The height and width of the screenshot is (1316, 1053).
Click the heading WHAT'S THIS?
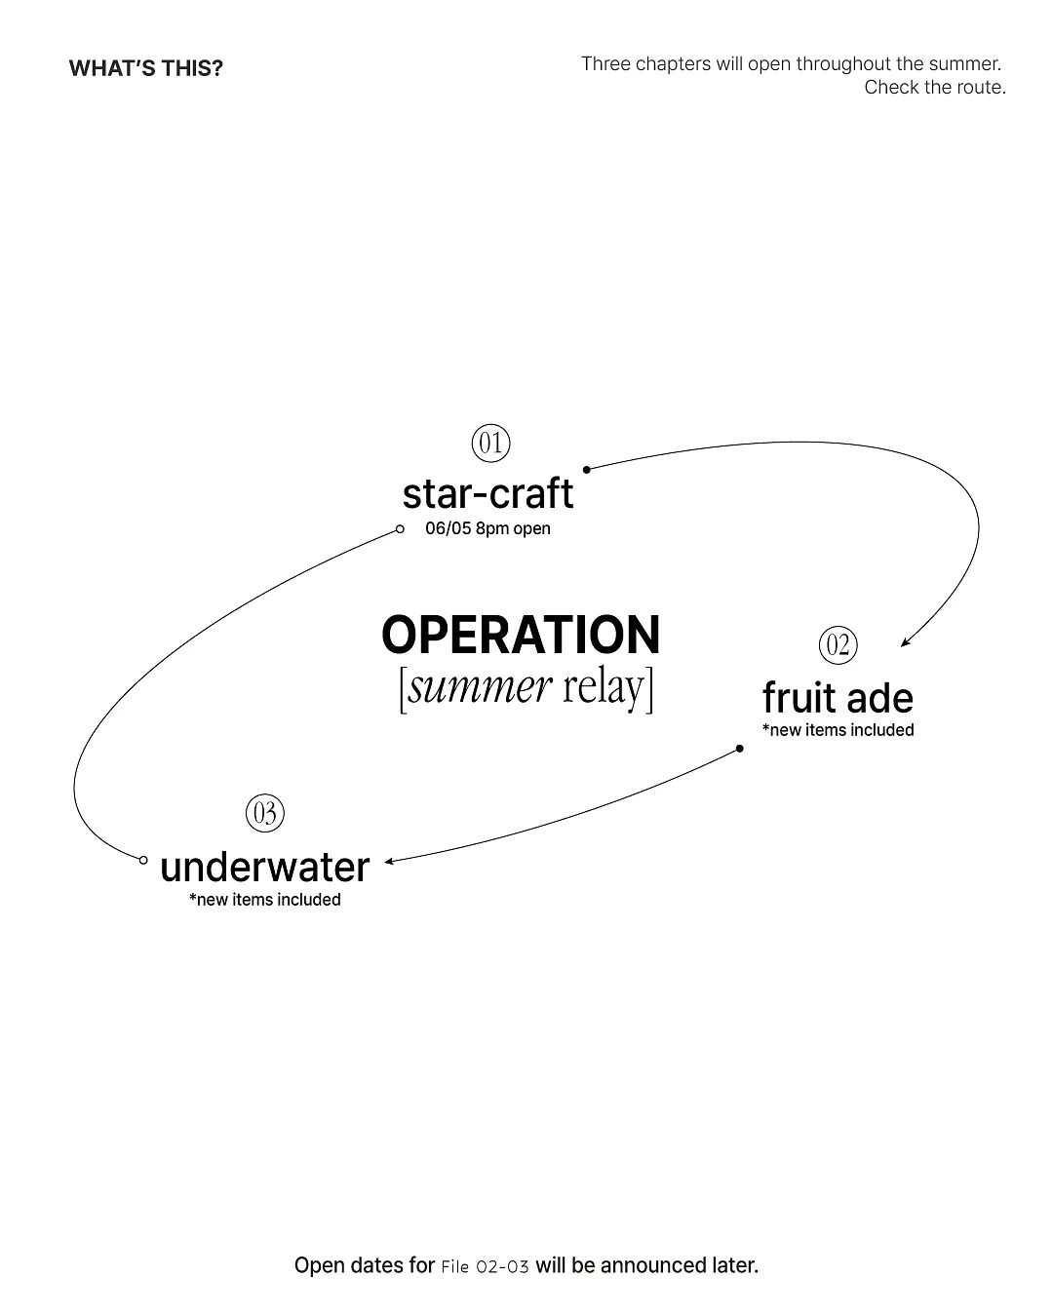tap(145, 68)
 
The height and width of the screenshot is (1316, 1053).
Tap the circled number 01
tap(490, 444)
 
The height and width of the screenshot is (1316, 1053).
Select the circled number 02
tap(838, 645)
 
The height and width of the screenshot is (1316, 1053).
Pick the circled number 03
tap(265, 813)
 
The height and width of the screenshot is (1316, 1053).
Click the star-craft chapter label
tap(487, 493)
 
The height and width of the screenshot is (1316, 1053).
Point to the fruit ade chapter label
tap(838, 698)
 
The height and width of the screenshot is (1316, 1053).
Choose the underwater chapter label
tap(265, 868)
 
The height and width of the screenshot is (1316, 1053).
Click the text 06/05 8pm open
tap(487, 528)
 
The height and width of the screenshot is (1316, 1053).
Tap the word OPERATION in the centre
tap(521, 635)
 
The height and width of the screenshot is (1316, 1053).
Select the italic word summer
tap(480, 687)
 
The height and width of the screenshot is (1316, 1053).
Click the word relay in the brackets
tap(604, 688)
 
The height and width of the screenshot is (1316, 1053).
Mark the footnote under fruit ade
tap(838, 730)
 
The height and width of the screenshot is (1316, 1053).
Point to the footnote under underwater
tap(265, 900)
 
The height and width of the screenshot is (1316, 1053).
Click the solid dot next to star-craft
tap(587, 470)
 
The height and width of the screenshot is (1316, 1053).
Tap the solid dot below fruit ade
tap(740, 749)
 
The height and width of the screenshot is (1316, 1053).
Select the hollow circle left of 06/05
tap(400, 529)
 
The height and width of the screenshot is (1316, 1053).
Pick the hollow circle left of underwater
tap(143, 861)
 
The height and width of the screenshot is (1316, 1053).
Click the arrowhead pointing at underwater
tap(388, 862)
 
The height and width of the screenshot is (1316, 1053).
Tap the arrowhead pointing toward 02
tap(905, 642)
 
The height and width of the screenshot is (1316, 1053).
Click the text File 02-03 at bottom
tap(485, 1267)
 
